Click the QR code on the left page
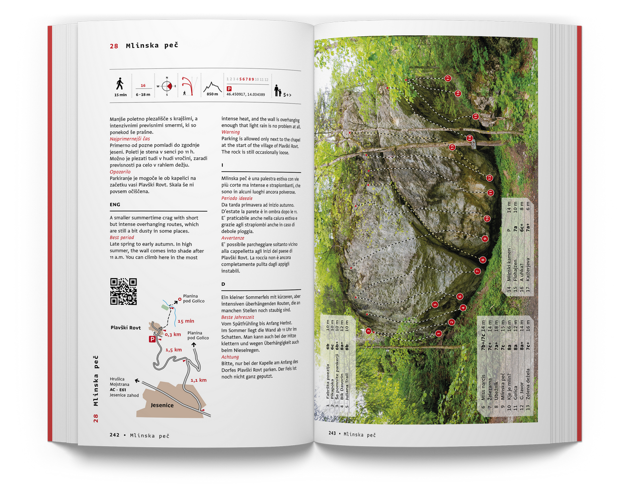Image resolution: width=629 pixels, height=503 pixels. (x=123, y=291)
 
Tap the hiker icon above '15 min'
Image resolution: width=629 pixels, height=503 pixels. (x=120, y=83)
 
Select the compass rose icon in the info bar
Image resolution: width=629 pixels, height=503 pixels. (x=167, y=86)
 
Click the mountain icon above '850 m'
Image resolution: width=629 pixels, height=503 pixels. (x=212, y=88)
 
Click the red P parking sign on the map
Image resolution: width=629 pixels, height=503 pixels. (x=152, y=339)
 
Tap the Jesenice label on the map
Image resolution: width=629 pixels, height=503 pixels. (x=162, y=405)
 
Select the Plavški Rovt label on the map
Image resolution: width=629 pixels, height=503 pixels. (x=126, y=327)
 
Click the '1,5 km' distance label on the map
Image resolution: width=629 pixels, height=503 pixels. (x=174, y=350)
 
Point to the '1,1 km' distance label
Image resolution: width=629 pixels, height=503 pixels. (x=198, y=380)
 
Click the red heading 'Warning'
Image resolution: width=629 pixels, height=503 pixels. (x=230, y=132)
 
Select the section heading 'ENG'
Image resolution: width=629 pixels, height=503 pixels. (x=115, y=205)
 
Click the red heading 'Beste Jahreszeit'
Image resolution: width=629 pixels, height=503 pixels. (x=238, y=317)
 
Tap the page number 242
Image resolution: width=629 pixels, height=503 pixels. (x=115, y=435)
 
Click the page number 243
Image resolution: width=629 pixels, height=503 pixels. (x=332, y=433)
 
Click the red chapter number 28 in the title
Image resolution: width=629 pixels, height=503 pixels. (x=114, y=46)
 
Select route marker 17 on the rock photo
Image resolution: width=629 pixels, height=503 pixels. (x=448, y=78)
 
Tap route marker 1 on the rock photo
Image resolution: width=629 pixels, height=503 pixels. (x=438, y=333)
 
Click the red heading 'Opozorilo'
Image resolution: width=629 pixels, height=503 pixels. (x=120, y=172)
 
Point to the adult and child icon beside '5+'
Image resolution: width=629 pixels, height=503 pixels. (x=277, y=91)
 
